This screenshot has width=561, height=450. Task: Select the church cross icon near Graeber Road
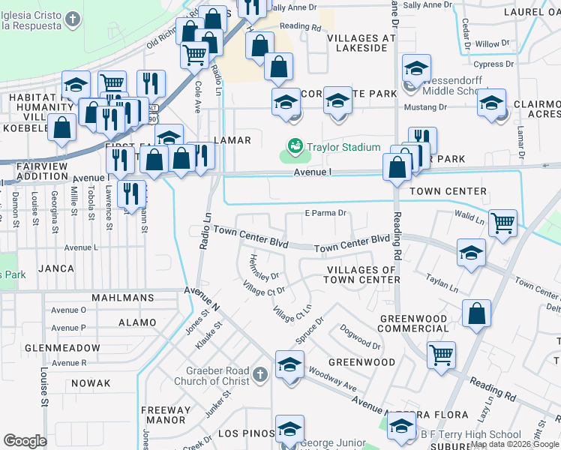point(259,373)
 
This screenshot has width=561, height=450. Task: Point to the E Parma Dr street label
point(325,213)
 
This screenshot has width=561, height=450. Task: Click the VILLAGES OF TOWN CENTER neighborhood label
point(359,274)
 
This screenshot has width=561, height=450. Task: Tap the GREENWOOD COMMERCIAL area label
point(412,323)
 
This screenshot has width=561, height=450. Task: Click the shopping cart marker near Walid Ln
point(502,223)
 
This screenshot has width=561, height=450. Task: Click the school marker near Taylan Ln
point(471,253)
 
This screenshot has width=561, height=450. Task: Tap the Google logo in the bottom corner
point(25,440)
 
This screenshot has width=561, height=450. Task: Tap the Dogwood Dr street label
point(360,340)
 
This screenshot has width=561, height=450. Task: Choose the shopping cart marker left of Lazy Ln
point(441,355)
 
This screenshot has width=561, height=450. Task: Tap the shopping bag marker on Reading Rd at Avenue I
point(397,167)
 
